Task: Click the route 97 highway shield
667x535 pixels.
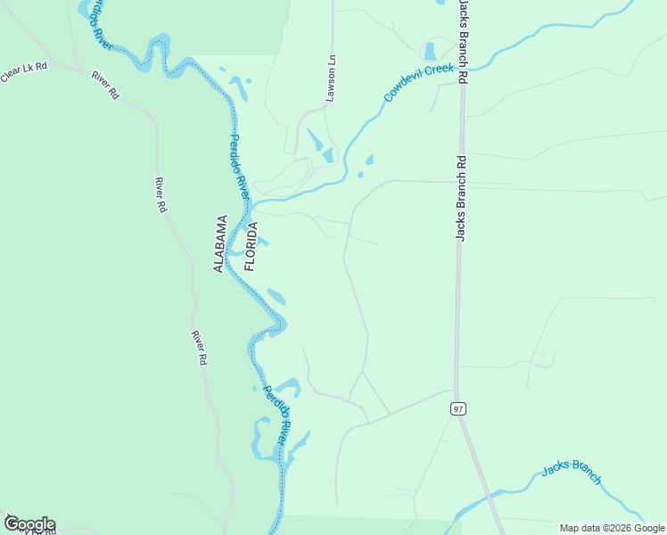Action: click(x=458, y=408)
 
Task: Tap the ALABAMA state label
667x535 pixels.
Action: click(x=220, y=243)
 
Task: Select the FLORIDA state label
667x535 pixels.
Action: click(x=251, y=247)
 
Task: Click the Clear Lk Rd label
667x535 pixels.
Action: click(x=23, y=72)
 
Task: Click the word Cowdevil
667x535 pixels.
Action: click(x=405, y=86)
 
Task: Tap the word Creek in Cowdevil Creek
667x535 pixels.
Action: click(x=441, y=69)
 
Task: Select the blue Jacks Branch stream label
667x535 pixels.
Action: click(x=572, y=473)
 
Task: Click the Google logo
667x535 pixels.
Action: click(x=29, y=524)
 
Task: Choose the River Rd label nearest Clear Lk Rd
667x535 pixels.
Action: click(x=104, y=83)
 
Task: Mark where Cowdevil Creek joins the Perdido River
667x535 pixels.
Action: click(x=253, y=204)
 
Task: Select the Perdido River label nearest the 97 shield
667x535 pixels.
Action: click(x=276, y=416)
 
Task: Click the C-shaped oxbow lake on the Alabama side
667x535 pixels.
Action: click(x=259, y=441)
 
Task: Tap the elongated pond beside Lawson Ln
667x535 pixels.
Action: click(x=316, y=141)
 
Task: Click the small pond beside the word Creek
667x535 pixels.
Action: click(x=430, y=51)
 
